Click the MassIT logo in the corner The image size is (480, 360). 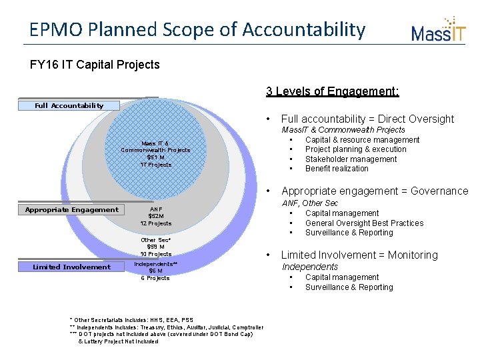438,30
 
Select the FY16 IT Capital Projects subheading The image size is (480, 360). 95,65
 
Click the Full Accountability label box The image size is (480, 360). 69,105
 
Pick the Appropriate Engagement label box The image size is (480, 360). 71,210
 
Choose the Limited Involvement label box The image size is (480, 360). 72,267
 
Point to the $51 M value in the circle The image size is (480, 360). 155,157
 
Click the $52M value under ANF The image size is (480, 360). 155,216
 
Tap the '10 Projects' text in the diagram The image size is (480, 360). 155,254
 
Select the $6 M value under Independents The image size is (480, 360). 155,271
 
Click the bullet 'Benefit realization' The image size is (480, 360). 337,169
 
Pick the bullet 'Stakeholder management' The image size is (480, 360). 351,159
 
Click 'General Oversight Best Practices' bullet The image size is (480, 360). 364,223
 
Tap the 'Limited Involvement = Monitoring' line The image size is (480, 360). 359,255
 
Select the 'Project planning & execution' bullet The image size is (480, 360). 355,149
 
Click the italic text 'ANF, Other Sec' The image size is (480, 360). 309,203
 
